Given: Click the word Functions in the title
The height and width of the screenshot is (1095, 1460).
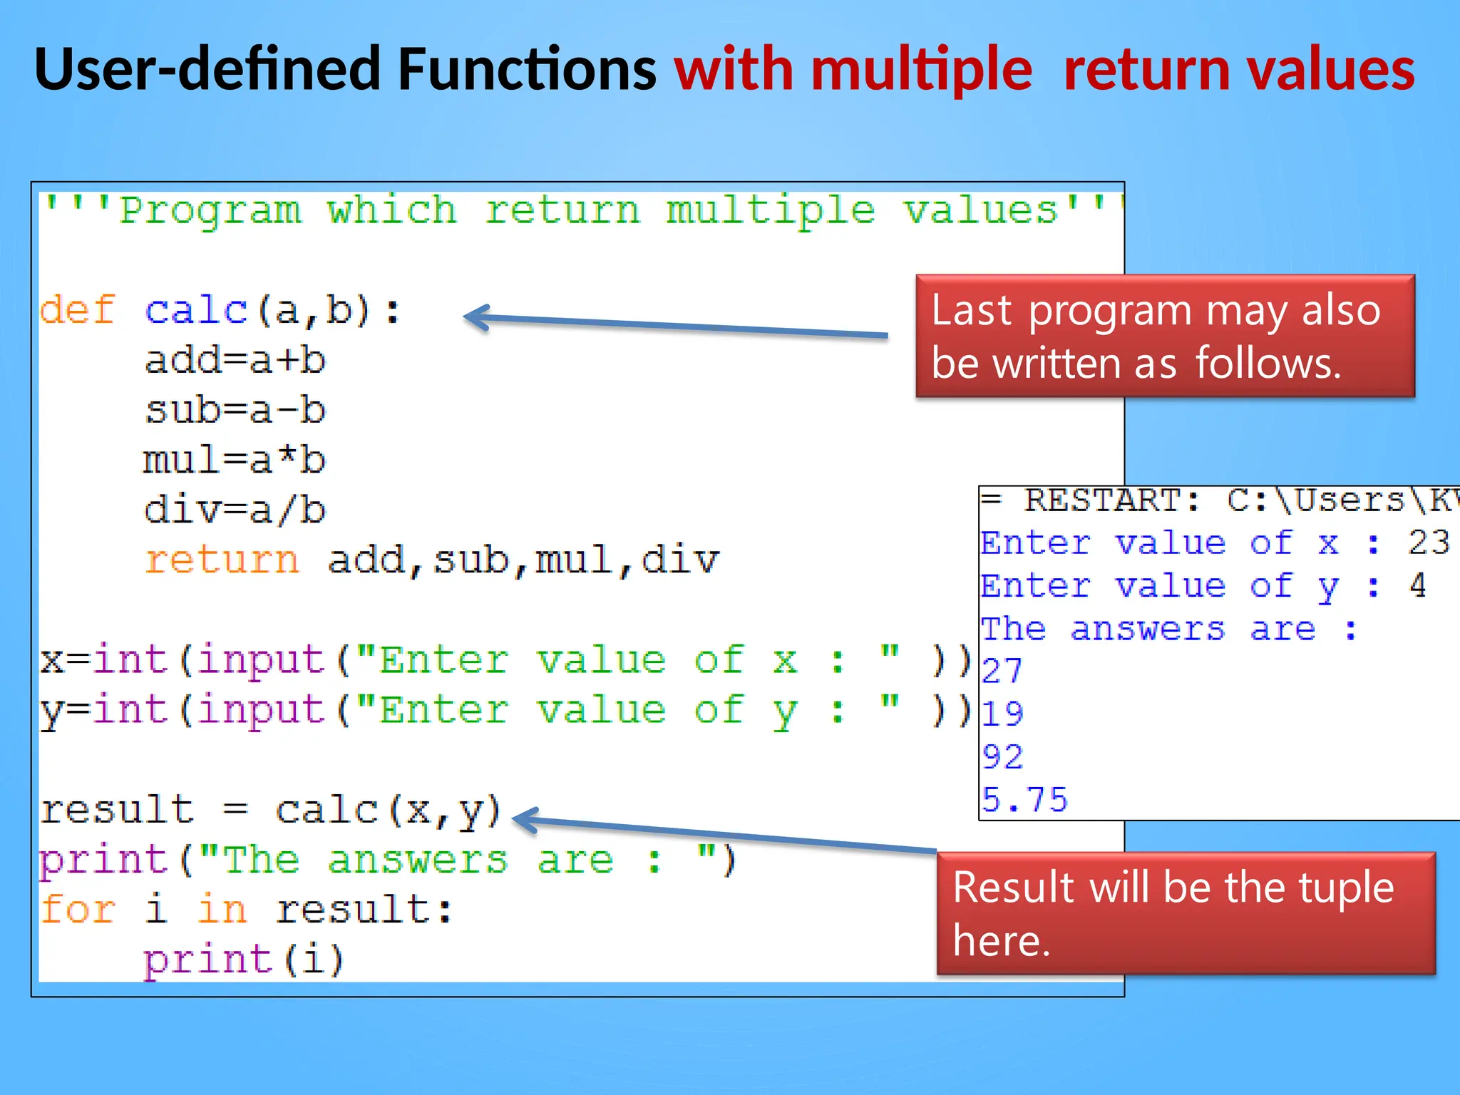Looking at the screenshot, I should point(526,69).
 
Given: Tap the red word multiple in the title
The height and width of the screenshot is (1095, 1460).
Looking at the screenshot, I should point(921,69).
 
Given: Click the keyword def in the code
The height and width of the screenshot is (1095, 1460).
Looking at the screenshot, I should point(77,310).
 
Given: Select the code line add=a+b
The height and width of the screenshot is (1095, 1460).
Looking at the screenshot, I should point(235,360).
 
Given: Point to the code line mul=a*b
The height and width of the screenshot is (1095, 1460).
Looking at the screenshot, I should point(235,460).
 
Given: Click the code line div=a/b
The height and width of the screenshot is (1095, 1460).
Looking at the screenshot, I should point(235,510).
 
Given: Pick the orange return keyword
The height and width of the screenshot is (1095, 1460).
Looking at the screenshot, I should point(222,560).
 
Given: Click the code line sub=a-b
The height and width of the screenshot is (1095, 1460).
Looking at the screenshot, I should point(235,410).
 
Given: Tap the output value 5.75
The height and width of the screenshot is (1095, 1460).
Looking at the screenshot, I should point(1024,799).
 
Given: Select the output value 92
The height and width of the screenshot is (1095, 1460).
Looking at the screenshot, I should point(1002,756).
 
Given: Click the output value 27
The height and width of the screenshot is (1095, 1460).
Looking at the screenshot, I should point(1002,671).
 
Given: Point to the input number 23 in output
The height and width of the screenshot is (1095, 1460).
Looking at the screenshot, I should point(1428,543).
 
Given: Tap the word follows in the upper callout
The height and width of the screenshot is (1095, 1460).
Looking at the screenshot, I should point(1268,363).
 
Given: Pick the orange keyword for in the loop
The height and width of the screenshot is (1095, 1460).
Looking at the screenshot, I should point(77,909).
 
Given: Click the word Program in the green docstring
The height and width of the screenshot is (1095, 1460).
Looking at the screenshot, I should point(210,210).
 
